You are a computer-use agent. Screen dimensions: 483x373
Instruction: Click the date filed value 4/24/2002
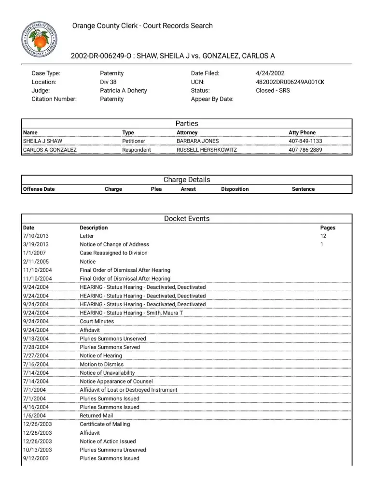click(270, 73)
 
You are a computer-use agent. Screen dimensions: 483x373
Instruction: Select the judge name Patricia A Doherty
click(123, 90)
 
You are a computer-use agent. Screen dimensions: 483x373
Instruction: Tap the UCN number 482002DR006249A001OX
click(290, 82)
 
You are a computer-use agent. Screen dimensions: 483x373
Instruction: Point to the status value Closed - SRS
click(273, 90)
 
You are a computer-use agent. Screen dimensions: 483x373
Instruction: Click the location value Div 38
click(108, 82)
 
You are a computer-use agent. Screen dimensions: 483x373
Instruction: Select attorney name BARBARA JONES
click(197, 141)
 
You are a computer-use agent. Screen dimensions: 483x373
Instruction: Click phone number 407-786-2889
click(305, 150)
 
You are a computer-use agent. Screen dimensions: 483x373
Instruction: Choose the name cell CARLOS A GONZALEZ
click(50, 150)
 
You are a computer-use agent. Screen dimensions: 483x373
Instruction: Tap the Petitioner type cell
click(134, 141)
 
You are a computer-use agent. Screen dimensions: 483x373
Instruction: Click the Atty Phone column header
click(302, 132)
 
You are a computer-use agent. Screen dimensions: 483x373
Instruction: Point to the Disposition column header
click(235, 189)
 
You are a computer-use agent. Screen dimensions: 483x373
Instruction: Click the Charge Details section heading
click(187, 180)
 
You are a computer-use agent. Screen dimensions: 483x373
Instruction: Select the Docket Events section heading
click(187, 219)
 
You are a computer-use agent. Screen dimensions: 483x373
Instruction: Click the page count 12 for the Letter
click(323, 236)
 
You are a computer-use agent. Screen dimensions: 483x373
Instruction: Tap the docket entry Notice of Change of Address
click(114, 244)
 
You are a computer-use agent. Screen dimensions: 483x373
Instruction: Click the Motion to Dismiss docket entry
click(101, 365)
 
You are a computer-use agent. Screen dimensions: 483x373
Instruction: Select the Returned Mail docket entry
click(96, 416)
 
